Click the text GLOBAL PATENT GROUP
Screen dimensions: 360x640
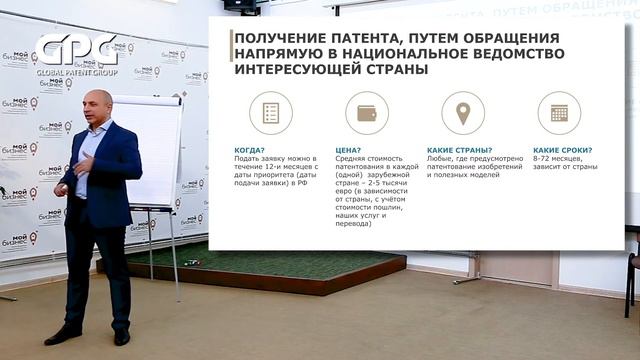(77, 73)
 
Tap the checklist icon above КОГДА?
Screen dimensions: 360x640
(270, 113)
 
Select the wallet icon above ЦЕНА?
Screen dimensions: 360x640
(366, 113)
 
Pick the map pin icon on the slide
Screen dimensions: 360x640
(462, 113)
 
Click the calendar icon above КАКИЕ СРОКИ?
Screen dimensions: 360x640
(558, 113)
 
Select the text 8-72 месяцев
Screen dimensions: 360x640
(552, 159)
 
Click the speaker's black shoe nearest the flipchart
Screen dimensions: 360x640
(122, 337)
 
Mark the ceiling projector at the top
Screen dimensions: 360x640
(240, 5)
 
